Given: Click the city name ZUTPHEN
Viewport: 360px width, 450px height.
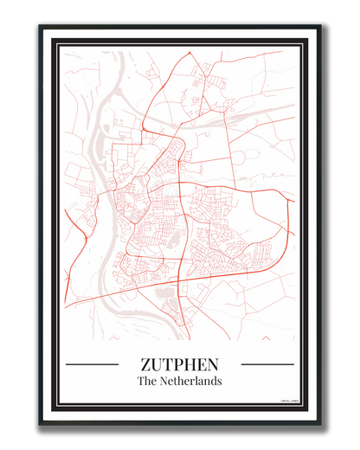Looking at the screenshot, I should click(179, 364).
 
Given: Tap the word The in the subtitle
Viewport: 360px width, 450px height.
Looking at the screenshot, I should click(147, 381).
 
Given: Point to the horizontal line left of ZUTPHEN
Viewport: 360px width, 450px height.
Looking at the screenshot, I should click(92, 364).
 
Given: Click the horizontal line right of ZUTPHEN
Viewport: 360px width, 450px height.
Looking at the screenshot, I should click(267, 364).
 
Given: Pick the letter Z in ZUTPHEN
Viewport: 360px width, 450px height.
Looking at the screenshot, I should click(145, 364).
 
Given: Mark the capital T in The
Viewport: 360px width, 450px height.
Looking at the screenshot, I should click(141, 381).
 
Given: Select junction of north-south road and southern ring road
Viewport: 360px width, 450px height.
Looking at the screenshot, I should click(178, 275).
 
